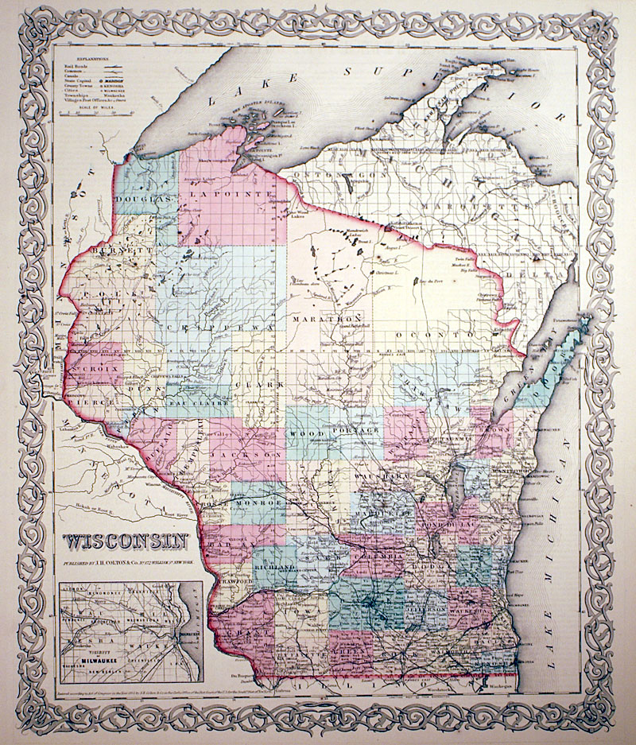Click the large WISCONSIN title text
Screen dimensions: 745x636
pyautogui.click(x=126, y=542)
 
